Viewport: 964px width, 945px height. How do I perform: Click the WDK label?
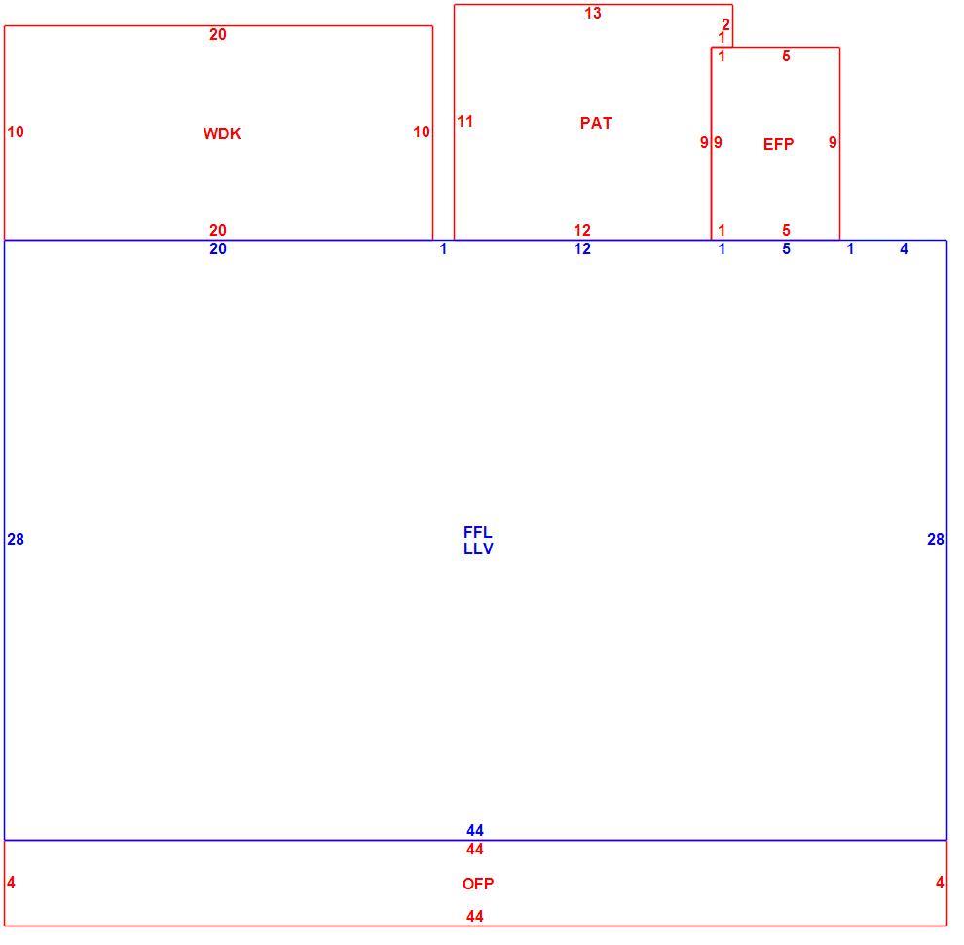pos(222,133)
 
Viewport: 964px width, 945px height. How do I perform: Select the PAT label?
pos(596,123)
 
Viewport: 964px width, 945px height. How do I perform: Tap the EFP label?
pos(778,144)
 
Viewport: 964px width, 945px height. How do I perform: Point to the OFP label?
pos(478,884)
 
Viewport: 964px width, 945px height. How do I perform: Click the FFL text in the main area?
pos(478,532)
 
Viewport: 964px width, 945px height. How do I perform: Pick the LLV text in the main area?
pos(478,548)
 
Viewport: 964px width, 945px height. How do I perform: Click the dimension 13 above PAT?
pos(593,13)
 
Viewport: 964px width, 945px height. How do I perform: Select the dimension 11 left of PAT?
pos(464,121)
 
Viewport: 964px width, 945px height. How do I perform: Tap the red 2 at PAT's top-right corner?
pos(725,24)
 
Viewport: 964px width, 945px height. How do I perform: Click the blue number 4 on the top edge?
pos(904,248)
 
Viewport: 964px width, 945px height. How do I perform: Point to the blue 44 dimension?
pos(474,831)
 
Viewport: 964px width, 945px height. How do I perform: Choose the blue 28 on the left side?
pos(16,540)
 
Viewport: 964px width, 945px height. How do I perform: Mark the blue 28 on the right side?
pos(935,540)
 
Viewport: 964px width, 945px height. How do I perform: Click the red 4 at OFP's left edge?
pos(11,883)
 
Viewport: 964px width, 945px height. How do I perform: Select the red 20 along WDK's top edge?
pos(218,34)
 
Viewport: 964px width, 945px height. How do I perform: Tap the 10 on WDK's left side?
pos(16,132)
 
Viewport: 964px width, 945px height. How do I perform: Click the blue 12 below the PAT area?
pos(582,248)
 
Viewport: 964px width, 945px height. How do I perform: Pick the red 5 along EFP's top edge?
pos(786,56)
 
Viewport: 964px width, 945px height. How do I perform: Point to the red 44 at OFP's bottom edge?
pos(474,916)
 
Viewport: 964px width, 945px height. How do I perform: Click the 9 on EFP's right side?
pos(833,143)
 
